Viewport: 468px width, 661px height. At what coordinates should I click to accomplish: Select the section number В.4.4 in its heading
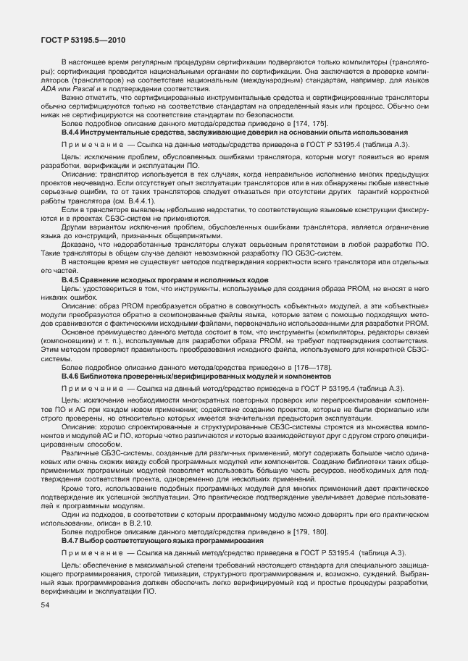coord(70,132)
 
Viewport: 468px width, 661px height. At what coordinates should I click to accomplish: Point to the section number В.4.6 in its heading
coord(70,376)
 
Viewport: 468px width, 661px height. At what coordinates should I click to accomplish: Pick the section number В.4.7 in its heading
coord(70,541)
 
